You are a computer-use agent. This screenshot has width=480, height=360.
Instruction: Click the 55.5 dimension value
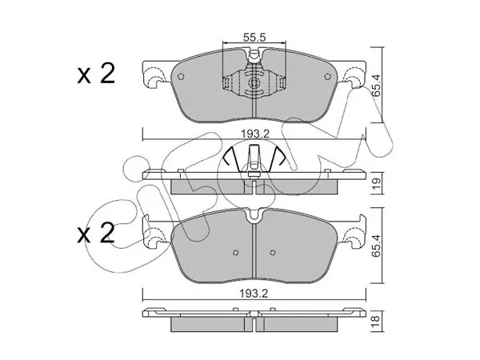tap(254, 38)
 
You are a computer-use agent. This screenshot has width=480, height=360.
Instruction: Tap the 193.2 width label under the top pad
tap(254, 134)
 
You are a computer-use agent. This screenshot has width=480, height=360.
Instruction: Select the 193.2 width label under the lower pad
tap(254, 294)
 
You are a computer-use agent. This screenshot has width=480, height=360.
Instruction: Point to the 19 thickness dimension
tap(377, 183)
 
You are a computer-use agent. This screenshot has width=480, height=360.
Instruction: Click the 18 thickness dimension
tap(376, 320)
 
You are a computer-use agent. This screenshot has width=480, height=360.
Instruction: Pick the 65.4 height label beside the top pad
tap(377, 85)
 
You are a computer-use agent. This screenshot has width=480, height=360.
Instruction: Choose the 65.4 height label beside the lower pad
tap(377, 246)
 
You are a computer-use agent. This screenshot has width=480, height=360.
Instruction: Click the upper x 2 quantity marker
tap(96, 74)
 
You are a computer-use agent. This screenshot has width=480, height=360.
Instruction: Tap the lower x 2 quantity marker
tap(96, 234)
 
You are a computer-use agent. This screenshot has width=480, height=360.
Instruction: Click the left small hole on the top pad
tap(181, 77)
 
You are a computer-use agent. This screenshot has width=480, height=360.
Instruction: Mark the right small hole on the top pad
tap(327, 77)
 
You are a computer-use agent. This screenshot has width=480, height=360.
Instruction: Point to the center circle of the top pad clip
tap(254, 82)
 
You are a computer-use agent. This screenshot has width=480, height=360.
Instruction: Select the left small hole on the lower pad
tap(235, 253)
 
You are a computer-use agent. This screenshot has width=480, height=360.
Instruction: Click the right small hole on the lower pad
tap(273, 253)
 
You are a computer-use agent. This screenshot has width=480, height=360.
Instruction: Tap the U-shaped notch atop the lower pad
tap(254, 215)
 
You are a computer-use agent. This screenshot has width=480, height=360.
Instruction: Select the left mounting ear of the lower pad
tap(154, 232)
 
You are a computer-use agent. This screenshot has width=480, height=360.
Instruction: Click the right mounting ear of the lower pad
tap(354, 232)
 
